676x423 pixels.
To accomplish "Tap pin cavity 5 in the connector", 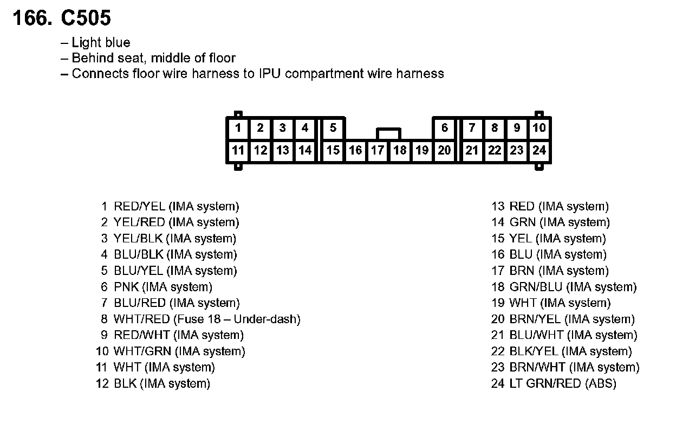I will pyautogui.click(x=333, y=128).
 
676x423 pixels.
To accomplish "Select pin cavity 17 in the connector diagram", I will pyautogui.click(x=378, y=150).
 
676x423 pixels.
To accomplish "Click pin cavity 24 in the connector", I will pyautogui.click(x=539, y=150).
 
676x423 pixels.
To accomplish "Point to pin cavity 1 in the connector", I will pyautogui.click(x=238, y=128).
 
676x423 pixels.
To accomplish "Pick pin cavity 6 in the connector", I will pyautogui.click(x=445, y=128).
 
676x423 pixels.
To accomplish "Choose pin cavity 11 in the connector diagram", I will pyautogui.click(x=238, y=150).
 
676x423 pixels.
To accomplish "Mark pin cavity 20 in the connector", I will pyautogui.click(x=444, y=150).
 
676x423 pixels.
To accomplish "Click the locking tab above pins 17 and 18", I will pyautogui.click(x=388, y=133).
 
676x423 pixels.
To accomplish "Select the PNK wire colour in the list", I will pyautogui.click(x=126, y=287).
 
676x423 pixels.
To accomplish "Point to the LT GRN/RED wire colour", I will pyautogui.click(x=545, y=384).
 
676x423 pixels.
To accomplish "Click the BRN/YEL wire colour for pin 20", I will pyautogui.click(x=535, y=319).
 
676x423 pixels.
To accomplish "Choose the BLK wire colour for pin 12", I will pyautogui.click(x=125, y=384).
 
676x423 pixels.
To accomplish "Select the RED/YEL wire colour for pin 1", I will pyautogui.click(x=139, y=207).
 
